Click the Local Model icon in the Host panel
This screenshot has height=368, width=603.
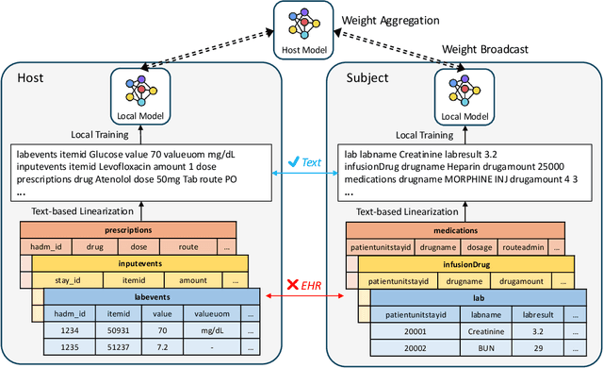[139, 92]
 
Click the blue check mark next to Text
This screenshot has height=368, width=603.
[293, 161]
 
